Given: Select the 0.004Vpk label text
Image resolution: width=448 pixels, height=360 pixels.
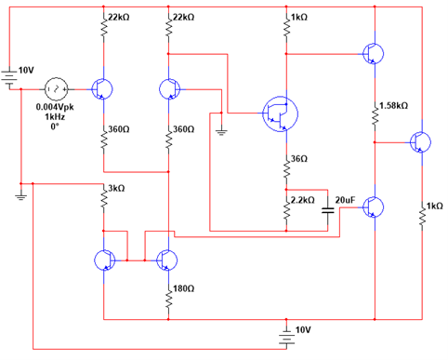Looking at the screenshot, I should [57, 107].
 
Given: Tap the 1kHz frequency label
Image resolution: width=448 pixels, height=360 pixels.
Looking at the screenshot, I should [57, 116].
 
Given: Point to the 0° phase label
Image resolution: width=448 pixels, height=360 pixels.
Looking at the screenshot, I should [57, 127].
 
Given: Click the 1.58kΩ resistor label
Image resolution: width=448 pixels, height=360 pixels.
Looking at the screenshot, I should [394, 106].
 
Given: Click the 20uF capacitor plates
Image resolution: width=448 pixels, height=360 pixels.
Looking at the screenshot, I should [326, 211].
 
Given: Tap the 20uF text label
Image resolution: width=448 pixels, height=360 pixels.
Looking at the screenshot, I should [346, 200].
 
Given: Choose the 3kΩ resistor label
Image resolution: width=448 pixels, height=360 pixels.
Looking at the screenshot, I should [116, 189].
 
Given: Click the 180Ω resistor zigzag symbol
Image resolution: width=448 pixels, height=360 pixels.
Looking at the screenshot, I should [168, 297].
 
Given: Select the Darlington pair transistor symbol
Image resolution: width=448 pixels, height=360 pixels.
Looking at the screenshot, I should [279, 113].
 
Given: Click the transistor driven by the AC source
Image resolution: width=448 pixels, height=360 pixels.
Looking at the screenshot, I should [102, 88].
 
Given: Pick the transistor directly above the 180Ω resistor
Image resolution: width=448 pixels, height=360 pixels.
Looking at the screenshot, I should [168, 258].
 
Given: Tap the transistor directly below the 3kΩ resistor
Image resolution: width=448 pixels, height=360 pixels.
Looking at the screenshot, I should [104, 258].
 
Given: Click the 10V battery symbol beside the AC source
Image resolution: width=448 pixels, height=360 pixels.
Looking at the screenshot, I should [10, 76].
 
